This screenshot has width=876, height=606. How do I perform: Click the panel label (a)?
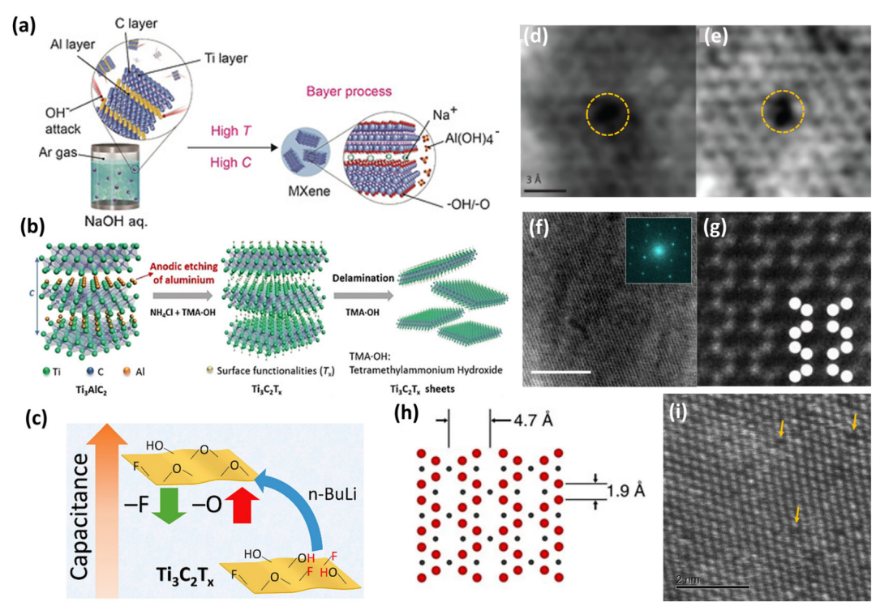23,27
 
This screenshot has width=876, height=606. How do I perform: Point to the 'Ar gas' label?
55,151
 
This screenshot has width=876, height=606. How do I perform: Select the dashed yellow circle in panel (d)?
608,115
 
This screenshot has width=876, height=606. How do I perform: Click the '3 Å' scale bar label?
537,180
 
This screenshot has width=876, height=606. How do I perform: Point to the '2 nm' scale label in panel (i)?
686,580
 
